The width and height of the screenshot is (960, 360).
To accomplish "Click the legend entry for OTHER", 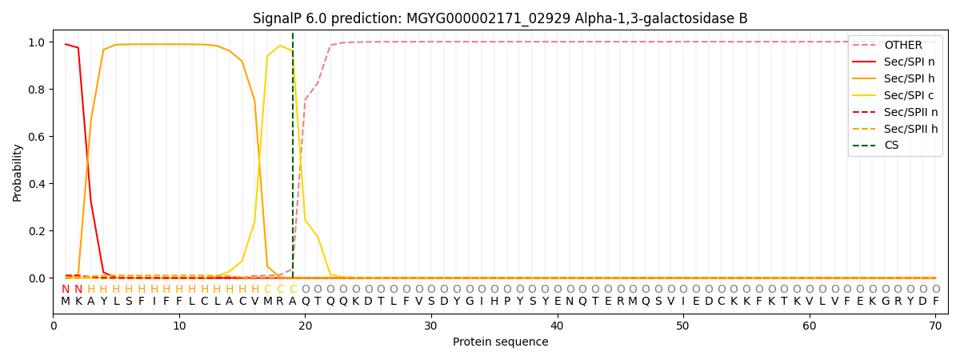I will (x=903, y=46).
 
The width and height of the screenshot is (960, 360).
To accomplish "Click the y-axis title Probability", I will (x=18, y=172).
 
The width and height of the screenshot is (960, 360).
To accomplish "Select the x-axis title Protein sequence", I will (x=500, y=342).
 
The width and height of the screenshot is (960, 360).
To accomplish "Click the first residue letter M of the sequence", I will (x=66, y=302).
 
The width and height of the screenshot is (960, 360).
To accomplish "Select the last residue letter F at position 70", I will (x=935, y=302).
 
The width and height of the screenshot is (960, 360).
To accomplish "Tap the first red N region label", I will (x=66, y=290).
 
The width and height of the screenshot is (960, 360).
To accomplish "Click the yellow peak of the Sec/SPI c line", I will (x=280, y=46).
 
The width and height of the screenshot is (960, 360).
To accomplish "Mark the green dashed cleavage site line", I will (x=293, y=160).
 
